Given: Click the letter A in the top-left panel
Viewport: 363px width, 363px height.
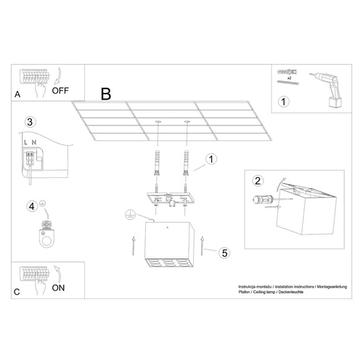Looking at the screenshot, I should coord(17,95).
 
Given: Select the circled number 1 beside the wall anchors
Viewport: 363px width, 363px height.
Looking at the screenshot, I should coord(211,159).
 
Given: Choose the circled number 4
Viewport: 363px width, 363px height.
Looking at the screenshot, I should coord(32,206).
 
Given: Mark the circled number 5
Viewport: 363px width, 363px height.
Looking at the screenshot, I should coord(224,253).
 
